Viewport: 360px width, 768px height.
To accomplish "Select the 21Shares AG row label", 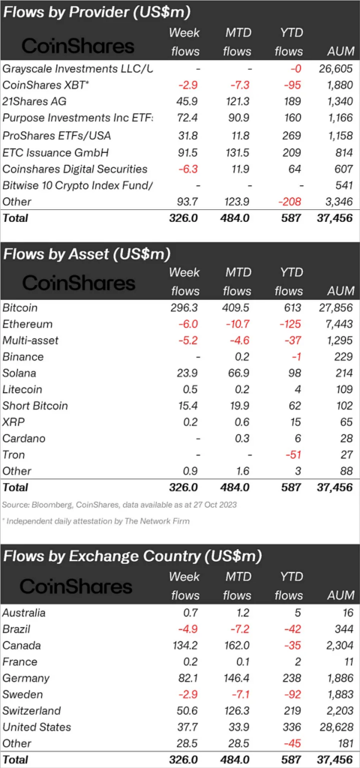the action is click(34, 101).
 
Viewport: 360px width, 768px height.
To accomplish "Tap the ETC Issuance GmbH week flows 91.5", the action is click(187, 151).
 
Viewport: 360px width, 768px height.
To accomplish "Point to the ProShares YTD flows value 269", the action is click(293, 135).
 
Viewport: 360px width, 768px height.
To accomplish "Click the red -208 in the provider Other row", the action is click(292, 201).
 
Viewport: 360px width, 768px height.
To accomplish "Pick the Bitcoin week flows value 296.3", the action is click(184, 308).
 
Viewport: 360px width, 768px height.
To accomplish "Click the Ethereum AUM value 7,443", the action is click(338, 324).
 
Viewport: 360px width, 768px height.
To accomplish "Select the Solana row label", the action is click(19, 373).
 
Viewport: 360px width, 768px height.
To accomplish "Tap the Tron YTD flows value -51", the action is click(295, 455).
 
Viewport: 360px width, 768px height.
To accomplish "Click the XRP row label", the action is click(13, 422).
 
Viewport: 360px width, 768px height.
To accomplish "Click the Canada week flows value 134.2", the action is click(184, 646).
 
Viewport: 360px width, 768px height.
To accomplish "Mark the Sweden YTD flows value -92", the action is click(294, 694).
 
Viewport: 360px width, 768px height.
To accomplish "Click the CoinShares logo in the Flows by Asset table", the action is click(78, 283).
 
